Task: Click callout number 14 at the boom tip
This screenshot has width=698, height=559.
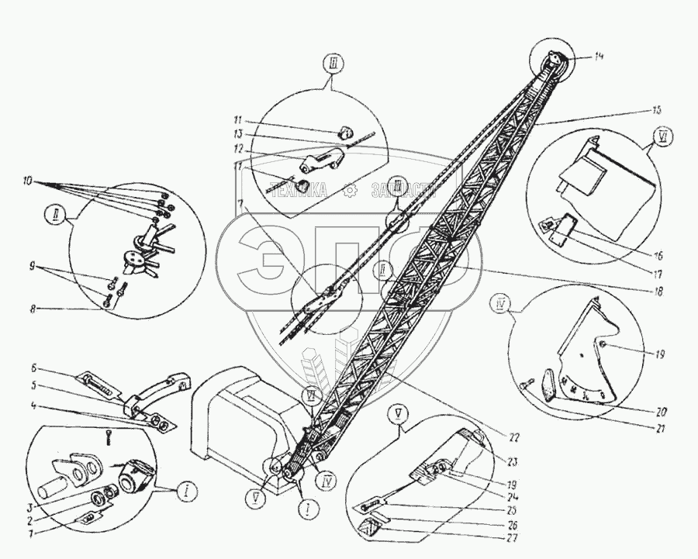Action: (597, 56)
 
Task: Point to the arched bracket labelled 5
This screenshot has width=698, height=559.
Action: (155, 392)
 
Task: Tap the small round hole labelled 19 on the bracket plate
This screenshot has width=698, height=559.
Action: (602, 345)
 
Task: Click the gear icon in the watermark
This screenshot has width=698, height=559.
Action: (352, 188)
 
